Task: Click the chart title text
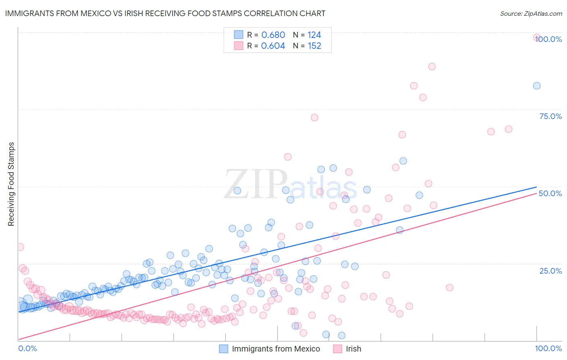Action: coord(165,13)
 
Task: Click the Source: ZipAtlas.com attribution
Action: coord(531,13)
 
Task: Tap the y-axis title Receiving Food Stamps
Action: coord(11,184)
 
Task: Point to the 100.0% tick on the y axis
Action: coord(549,39)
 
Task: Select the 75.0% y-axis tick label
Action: coord(550,116)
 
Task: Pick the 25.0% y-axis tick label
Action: coord(550,270)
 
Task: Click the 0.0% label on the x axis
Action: coord(27,349)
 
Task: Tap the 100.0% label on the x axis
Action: coord(548,349)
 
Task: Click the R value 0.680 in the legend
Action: coord(273,35)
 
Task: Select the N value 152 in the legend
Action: coord(315,46)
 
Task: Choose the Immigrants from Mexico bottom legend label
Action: coord(276,349)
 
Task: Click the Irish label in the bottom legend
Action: coord(353,349)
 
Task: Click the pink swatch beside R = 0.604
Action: coord(239,46)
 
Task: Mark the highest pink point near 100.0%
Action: coord(537,37)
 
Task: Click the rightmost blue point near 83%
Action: coord(537,86)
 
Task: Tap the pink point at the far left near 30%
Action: coord(20,247)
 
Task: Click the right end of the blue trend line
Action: coord(536,187)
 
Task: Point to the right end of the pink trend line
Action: coord(536,193)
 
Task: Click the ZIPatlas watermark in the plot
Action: coord(290,185)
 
